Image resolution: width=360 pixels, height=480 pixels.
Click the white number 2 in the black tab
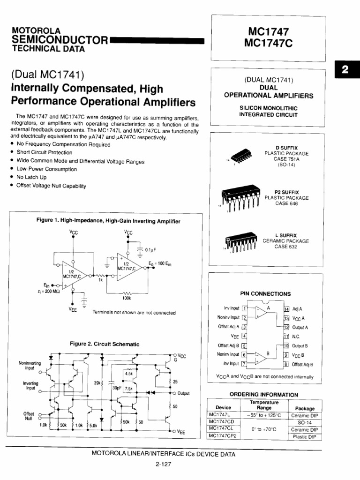345,71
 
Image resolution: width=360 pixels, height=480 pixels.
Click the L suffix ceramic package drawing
241,241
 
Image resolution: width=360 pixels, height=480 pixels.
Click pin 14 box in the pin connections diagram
286,309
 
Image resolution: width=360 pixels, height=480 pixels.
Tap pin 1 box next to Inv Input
244,308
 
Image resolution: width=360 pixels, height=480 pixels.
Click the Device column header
223,408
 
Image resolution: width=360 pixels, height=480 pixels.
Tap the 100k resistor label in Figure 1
127,298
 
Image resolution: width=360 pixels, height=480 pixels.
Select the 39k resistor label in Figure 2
98,383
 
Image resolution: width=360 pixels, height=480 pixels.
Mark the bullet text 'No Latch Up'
31,178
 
